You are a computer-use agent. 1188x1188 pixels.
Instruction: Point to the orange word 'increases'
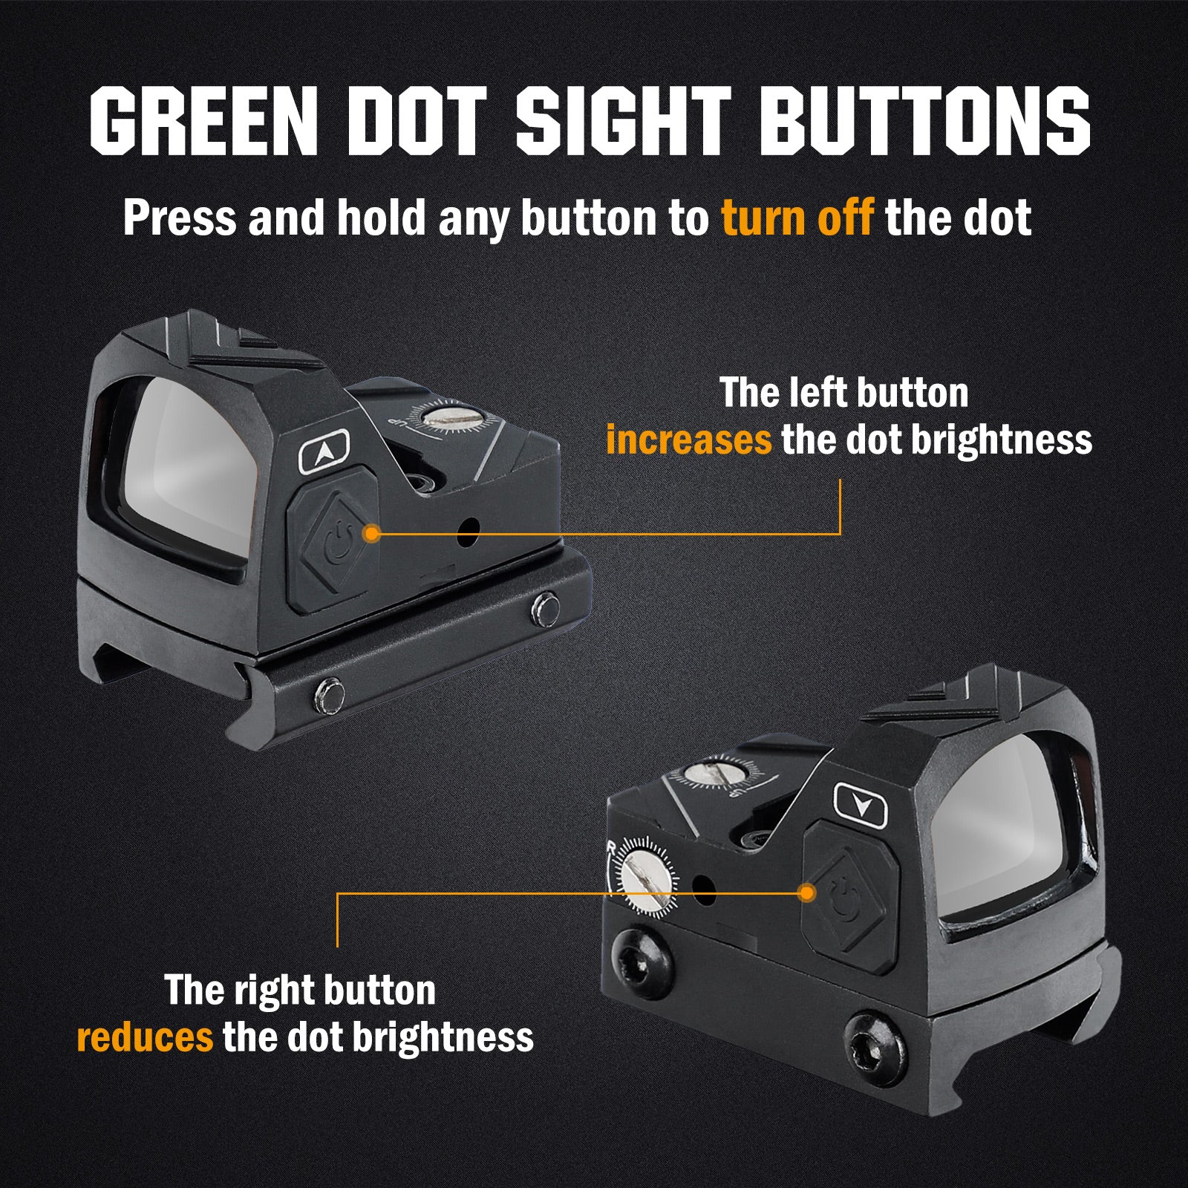pyautogui.click(x=689, y=440)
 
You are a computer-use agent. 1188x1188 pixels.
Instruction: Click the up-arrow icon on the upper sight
pyautogui.click(x=324, y=452)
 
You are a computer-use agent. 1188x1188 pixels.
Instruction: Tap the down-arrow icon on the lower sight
pyautogui.click(x=861, y=805)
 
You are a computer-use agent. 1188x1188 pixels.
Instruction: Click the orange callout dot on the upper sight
pyautogui.click(x=372, y=533)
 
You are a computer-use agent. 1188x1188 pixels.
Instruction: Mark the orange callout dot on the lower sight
pyautogui.click(x=806, y=893)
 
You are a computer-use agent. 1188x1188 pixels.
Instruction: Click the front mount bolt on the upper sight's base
pyautogui.click(x=326, y=695)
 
